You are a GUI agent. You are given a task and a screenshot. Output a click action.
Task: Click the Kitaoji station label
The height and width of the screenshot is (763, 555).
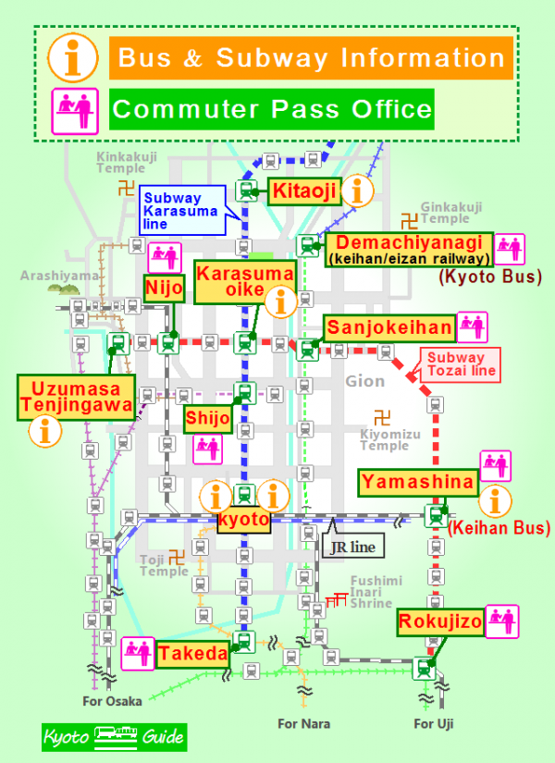[303, 192]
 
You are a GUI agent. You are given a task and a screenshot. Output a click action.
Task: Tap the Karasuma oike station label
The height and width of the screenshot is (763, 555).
[244, 281]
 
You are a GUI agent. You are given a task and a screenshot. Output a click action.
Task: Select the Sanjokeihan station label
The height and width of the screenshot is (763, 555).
[389, 327]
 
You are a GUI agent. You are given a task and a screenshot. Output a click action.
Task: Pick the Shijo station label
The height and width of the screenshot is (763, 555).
[207, 418]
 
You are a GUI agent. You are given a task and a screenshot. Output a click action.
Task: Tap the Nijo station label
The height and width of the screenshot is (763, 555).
[164, 289]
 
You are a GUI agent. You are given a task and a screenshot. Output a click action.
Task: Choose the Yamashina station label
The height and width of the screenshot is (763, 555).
[417, 481]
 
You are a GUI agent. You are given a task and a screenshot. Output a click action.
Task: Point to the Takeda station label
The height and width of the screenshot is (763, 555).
[192, 654]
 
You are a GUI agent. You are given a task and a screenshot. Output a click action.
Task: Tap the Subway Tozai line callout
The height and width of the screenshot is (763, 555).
[460, 364]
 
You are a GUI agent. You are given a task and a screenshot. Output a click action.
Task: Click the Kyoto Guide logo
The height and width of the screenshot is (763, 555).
[114, 738]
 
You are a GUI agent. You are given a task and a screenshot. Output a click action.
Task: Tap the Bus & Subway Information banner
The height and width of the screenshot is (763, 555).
[310, 58]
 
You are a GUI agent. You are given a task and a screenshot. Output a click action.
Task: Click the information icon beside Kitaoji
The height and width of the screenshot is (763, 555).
[358, 191]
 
